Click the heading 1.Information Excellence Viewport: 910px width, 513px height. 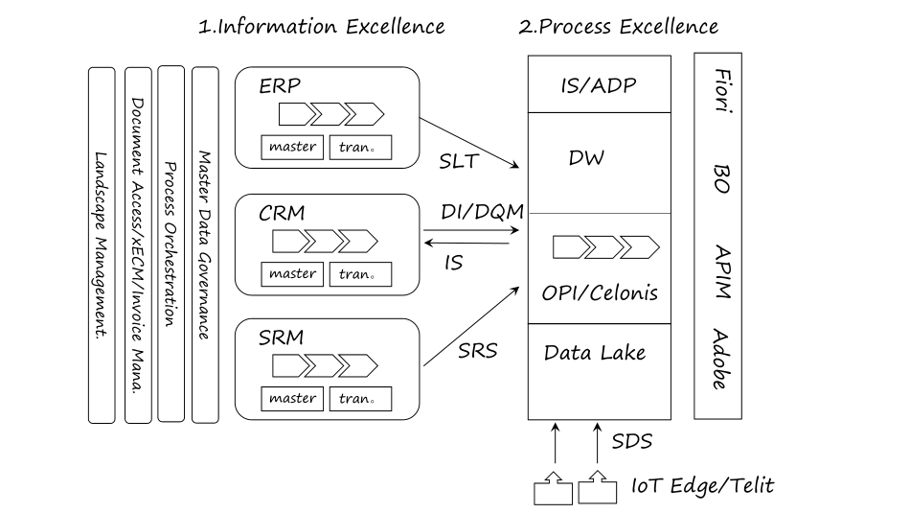pos(321,26)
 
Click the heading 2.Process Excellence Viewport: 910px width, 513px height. pos(618,26)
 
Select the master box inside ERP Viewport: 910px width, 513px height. pos(292,148)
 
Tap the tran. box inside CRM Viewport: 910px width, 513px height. pos(359,274)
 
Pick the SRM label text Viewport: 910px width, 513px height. pos(280,338)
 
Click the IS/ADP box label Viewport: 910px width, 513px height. pos(599,85)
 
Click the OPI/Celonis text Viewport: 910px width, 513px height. pos(600,292)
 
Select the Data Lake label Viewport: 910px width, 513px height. pos(595,352)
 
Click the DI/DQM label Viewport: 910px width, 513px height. pos(482,211)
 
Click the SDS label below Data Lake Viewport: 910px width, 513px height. pos(631,441)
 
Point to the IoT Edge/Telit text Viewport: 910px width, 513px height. pos(701,486)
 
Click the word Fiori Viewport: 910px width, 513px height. pos(721,91)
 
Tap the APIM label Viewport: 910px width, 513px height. pos(721,271)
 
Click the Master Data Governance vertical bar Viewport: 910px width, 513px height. pos(205,244)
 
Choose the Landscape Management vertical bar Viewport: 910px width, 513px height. pos(102,245)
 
